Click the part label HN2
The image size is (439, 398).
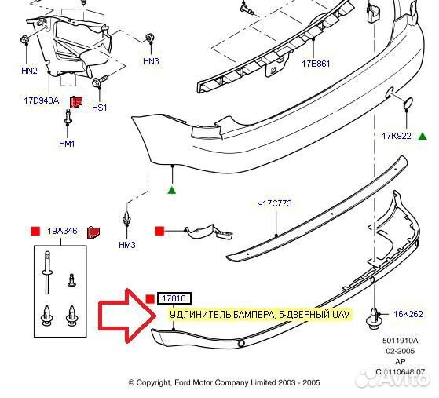click(x=29, y=71)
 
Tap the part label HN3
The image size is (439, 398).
click(x=151, y=61)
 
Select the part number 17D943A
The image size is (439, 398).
click(x=42, y=100)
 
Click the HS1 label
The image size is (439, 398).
click(x=100, y=108)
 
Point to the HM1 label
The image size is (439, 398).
click(x=67, y=144)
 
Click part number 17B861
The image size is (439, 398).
click(x=316, y=64)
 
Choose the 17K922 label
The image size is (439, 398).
click(x=397, y=136)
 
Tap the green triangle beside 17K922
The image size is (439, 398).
click(x=423, y=137)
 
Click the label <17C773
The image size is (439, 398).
click(x=275, y=203)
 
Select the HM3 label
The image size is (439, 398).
click(x=127, y=245)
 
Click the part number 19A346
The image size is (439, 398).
click(x=62, y=231)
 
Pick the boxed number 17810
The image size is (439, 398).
click(x=174, y=298)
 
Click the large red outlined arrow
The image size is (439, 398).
click(x=126, y=316)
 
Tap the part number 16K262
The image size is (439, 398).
click(x=408, y=314)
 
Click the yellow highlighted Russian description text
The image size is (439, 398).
click(x=260, y=315)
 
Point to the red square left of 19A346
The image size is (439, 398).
click(x=35, y=232)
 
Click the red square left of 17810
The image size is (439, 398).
click(x=150, y=299)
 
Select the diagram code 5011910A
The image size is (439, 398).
click(x=401, y=341)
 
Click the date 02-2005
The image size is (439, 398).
click(x=401, y=351)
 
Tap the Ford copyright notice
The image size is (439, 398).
click(x=224, y=382)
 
